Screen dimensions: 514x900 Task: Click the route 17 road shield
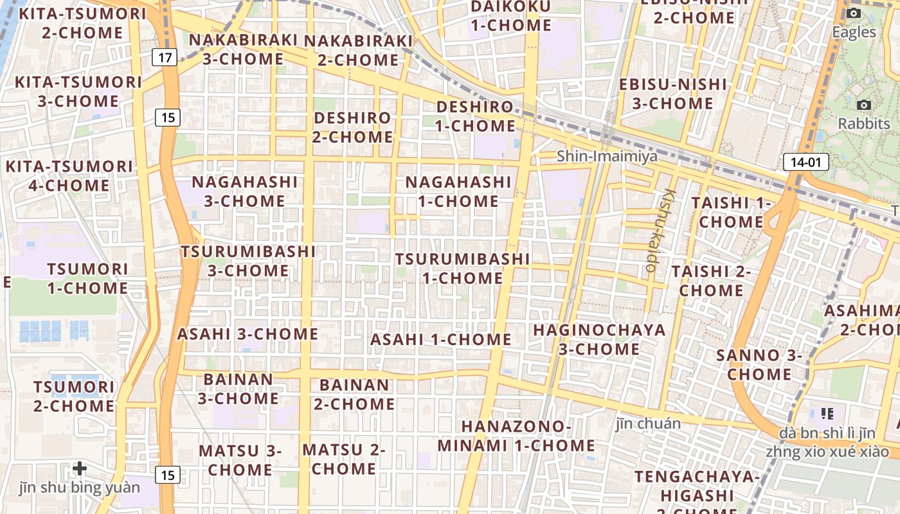(165, 58)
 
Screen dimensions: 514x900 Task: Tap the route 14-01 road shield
(806, 162)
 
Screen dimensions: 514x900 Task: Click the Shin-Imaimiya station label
(607, 156)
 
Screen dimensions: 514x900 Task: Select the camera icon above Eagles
(854, 13)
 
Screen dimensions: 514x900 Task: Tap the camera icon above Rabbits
(864, 105)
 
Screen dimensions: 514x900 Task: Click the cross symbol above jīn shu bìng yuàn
(80, 468)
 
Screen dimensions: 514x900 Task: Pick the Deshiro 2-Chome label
(352, 127)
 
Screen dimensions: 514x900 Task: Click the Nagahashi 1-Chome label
(458, 191)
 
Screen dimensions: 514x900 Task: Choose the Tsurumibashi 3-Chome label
(248, 261)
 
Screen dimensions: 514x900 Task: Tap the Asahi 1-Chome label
(441, 339)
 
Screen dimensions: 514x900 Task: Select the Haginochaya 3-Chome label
(599, 340)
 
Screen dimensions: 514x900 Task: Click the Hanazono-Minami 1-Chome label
(516, 436)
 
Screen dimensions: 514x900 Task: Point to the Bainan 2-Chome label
(354, 394)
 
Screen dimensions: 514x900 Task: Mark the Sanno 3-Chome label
(759, 364)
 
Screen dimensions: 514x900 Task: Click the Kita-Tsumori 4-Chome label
(69, 176)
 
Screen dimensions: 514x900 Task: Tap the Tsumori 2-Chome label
(74, 396)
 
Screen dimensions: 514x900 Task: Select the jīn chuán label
(648, 423)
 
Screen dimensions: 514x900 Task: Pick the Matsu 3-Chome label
(240, 460)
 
